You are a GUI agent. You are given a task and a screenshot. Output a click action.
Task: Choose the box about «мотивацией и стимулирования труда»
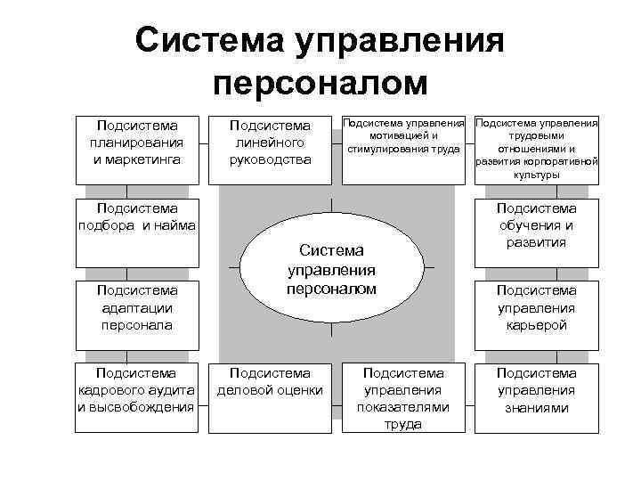(404, 136)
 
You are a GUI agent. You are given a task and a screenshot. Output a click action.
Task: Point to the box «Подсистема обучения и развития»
(537, 227)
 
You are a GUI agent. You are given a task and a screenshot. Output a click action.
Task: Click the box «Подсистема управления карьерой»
(537, 308)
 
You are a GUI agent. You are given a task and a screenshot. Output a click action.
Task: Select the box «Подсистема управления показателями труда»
(403, 397)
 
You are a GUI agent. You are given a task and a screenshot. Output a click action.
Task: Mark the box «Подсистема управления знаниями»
(537, 390)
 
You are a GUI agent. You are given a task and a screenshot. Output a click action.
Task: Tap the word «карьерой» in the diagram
(537, 325)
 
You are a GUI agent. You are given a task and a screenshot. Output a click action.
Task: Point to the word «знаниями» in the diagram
(537, 408)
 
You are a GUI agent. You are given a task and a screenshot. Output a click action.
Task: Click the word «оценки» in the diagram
(301, 390)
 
